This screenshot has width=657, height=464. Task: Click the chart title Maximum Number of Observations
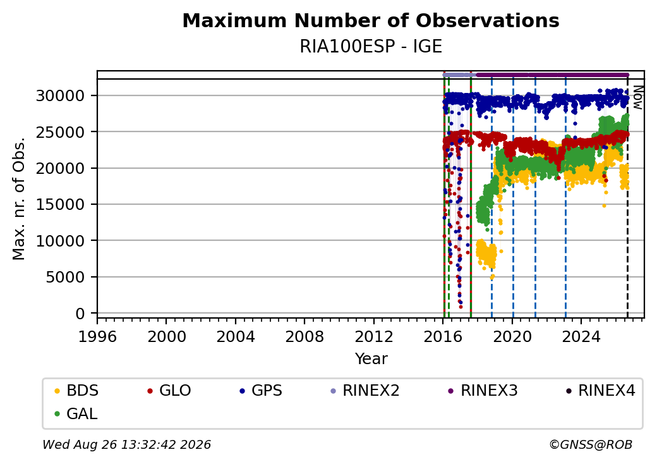point(371,20)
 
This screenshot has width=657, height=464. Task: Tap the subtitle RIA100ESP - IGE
point(371,47)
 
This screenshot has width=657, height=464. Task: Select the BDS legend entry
point(76,391)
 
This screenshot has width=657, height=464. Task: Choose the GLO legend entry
point(169,391)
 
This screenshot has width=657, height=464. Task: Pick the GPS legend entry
point(261,391)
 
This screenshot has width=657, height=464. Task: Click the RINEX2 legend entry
point(365,391)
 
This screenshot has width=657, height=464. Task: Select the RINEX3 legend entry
point(483,391)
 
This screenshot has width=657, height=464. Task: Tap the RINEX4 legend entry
point(600,391)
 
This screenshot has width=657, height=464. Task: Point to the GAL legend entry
point(76,413)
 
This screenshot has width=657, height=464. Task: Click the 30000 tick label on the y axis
point(61,96)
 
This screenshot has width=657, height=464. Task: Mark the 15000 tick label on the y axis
point(61,205)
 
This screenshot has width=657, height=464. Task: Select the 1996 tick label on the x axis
point(97,336)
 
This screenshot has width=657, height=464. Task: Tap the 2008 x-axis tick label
point(304,336)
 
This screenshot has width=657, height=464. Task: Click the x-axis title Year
point(371,359)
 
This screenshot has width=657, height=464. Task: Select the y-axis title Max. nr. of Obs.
point(19,198)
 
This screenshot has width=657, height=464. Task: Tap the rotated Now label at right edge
point(637,97)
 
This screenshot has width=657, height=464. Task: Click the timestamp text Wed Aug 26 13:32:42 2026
point(127,444)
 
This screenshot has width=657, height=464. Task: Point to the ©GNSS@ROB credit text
point(591,444)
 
